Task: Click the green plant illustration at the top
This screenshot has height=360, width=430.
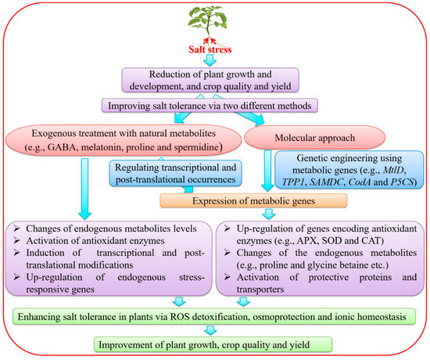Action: click(x=215, y=23)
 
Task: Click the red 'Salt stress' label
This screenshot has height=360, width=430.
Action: click(x=215, y=52)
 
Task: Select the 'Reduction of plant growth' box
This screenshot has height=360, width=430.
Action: click(x=214, y=81)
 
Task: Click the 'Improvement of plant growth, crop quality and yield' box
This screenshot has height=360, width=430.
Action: click(x=214, y=343)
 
